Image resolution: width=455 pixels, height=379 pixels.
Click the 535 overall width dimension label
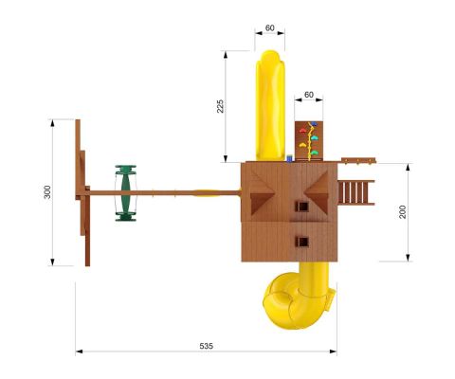coord(207,346)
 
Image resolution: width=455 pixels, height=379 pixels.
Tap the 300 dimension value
coord(47,192)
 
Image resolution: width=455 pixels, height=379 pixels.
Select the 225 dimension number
coord(220,106)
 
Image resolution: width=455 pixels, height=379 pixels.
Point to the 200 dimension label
coord(403,212)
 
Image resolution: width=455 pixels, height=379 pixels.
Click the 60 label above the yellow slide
coord(270,28)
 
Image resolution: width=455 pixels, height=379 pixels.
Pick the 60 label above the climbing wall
coord(309,95)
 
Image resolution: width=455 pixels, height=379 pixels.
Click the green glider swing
coord(126,193)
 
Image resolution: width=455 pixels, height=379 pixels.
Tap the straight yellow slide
coord(270,105)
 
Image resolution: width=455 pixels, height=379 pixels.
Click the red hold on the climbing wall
coord(302,131)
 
